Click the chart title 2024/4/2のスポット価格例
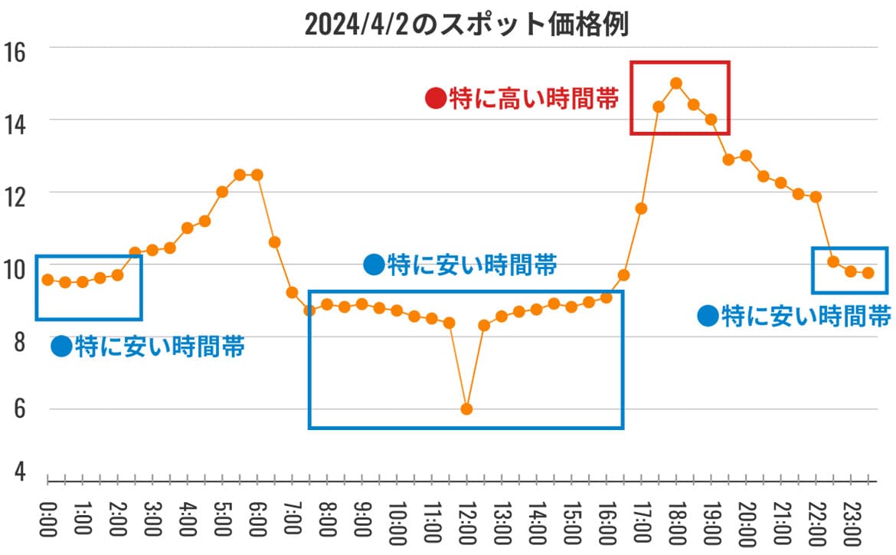(x=466, y=25)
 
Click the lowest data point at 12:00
(x=466, y=409)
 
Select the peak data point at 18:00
(x=675, y=83)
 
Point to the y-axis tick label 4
(x=18, y=471)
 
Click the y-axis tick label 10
(x=15, y=268)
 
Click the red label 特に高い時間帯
(x=534, y=99)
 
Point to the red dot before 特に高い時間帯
(x=435, y=99)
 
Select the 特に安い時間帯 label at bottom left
(x=159, y=346)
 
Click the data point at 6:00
(x=257, y=175)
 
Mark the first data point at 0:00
(x=47, y=280)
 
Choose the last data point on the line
(x=868, y=273)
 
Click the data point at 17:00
(x=641, y=209)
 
